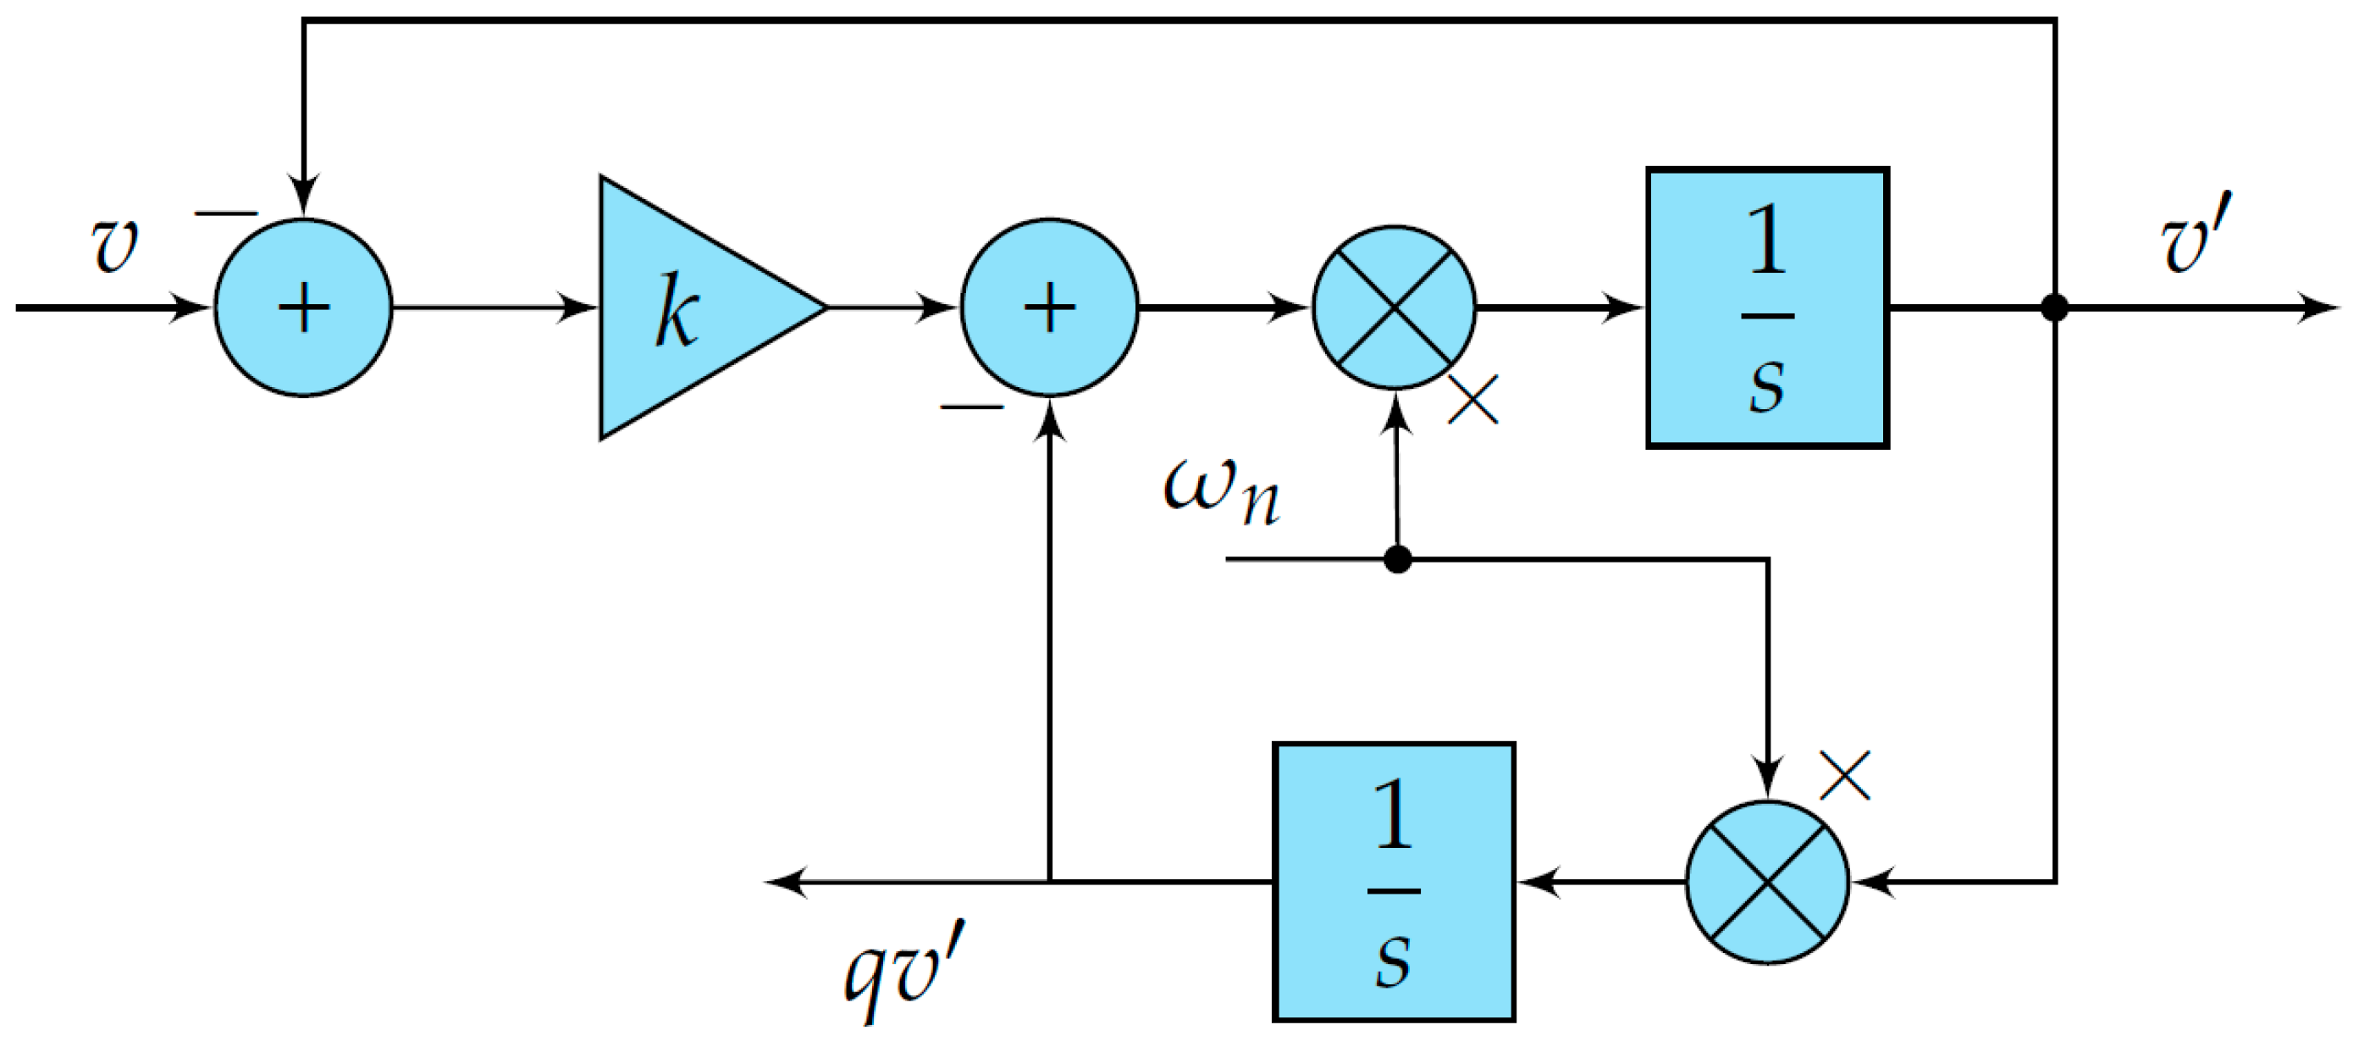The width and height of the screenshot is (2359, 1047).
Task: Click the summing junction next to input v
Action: [x=303, y=307]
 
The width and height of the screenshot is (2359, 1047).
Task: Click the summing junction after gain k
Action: [x=1049, y=307]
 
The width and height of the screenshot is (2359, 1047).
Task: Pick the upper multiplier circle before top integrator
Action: [x=1394, y=307]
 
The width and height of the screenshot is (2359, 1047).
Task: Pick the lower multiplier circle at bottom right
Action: [x=1767, y=882]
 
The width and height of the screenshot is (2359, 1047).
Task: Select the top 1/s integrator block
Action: [x=1767, y=307]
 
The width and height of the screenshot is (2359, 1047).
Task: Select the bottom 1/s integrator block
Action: [x=1394, y=882]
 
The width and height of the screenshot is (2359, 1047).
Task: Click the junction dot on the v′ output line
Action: [x=2055, y=307]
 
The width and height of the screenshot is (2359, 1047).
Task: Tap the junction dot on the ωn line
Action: [x=1397, y=559]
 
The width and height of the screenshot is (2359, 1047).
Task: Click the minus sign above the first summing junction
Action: [x=226, y=214]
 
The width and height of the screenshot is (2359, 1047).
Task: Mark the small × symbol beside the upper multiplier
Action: [x=1473, y=399]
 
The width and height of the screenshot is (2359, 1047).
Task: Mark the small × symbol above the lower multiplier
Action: [x=1845, y=776]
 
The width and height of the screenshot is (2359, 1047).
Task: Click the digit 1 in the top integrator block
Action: [x=1767, y=240]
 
